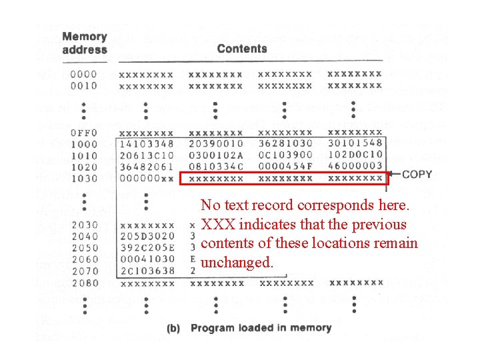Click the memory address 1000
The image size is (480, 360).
[83, 144]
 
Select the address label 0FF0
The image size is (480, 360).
[83, 133]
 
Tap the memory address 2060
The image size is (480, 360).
[83, 259]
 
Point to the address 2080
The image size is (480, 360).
[83, 283]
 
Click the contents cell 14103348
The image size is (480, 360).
[146, 144]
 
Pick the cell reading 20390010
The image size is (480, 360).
[216, 144]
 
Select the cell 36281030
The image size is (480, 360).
[285, 144]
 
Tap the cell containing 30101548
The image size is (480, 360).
[355, 144]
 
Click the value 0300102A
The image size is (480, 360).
[216, 155]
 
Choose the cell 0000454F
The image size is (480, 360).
[285, 167]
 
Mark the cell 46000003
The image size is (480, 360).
[355, 167]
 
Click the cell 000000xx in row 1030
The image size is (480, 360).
[146, 179]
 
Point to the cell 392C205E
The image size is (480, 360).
[146, 248]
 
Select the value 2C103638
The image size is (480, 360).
[146, 271]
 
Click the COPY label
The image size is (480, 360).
[417, 175]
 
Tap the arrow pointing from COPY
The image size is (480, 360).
[393, 175]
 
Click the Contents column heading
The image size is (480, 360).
[242, 49]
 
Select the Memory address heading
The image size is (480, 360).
[85, 43]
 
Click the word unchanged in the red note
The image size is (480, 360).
[237, 263]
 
